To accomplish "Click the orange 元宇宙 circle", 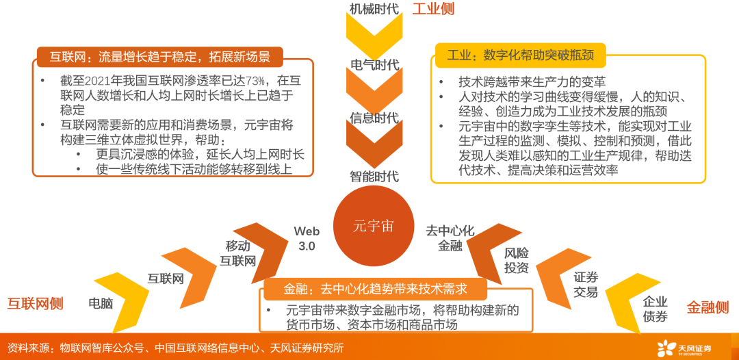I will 373,226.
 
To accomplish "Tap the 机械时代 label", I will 374,10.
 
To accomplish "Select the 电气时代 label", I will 374,65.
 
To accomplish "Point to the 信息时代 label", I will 374,118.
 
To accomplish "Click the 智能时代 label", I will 374,176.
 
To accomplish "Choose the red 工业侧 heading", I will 432,10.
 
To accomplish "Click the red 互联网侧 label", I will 35,304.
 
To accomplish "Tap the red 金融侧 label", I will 708,308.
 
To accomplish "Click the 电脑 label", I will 101,303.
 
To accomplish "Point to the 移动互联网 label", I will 237,253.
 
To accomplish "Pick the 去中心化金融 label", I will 450,237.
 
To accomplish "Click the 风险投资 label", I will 517,260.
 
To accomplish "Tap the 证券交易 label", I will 586,284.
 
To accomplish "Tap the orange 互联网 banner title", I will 160,57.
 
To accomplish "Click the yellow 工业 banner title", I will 520,55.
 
